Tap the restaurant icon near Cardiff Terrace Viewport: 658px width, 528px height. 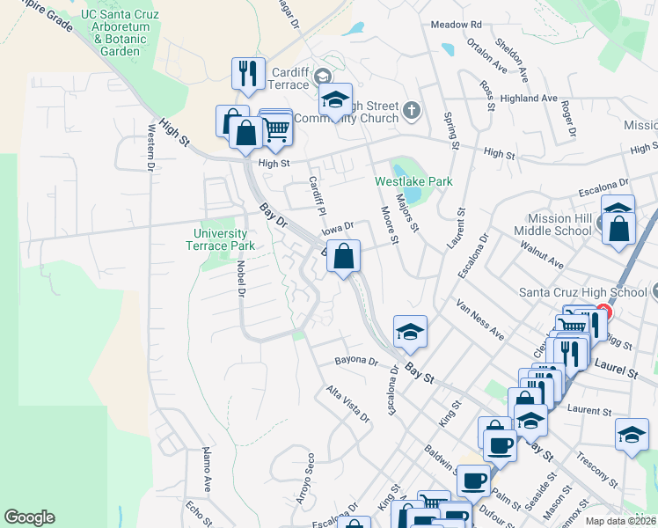(x=248, y=74)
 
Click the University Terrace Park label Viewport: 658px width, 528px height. (x=225, y=239)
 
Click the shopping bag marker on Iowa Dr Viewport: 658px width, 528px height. (x=344, y=257)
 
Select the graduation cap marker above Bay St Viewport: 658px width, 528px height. (x=410, y=332)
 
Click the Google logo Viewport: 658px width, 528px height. (x=29, y=517)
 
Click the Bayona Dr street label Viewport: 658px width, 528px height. (x=356, y=361)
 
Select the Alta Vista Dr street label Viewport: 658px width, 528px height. (x=347, y=404)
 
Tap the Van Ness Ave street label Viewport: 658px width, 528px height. (x=479, y=320)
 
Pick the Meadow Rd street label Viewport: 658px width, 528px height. (x=456, y=25)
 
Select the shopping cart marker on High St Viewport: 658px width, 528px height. (x=276, y=129)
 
